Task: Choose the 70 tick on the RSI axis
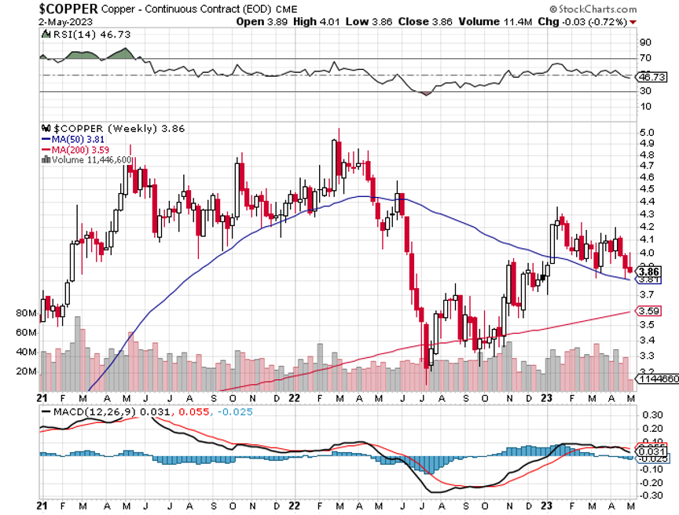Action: [x=644, y=58]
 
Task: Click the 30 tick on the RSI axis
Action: [x=644, y=91]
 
